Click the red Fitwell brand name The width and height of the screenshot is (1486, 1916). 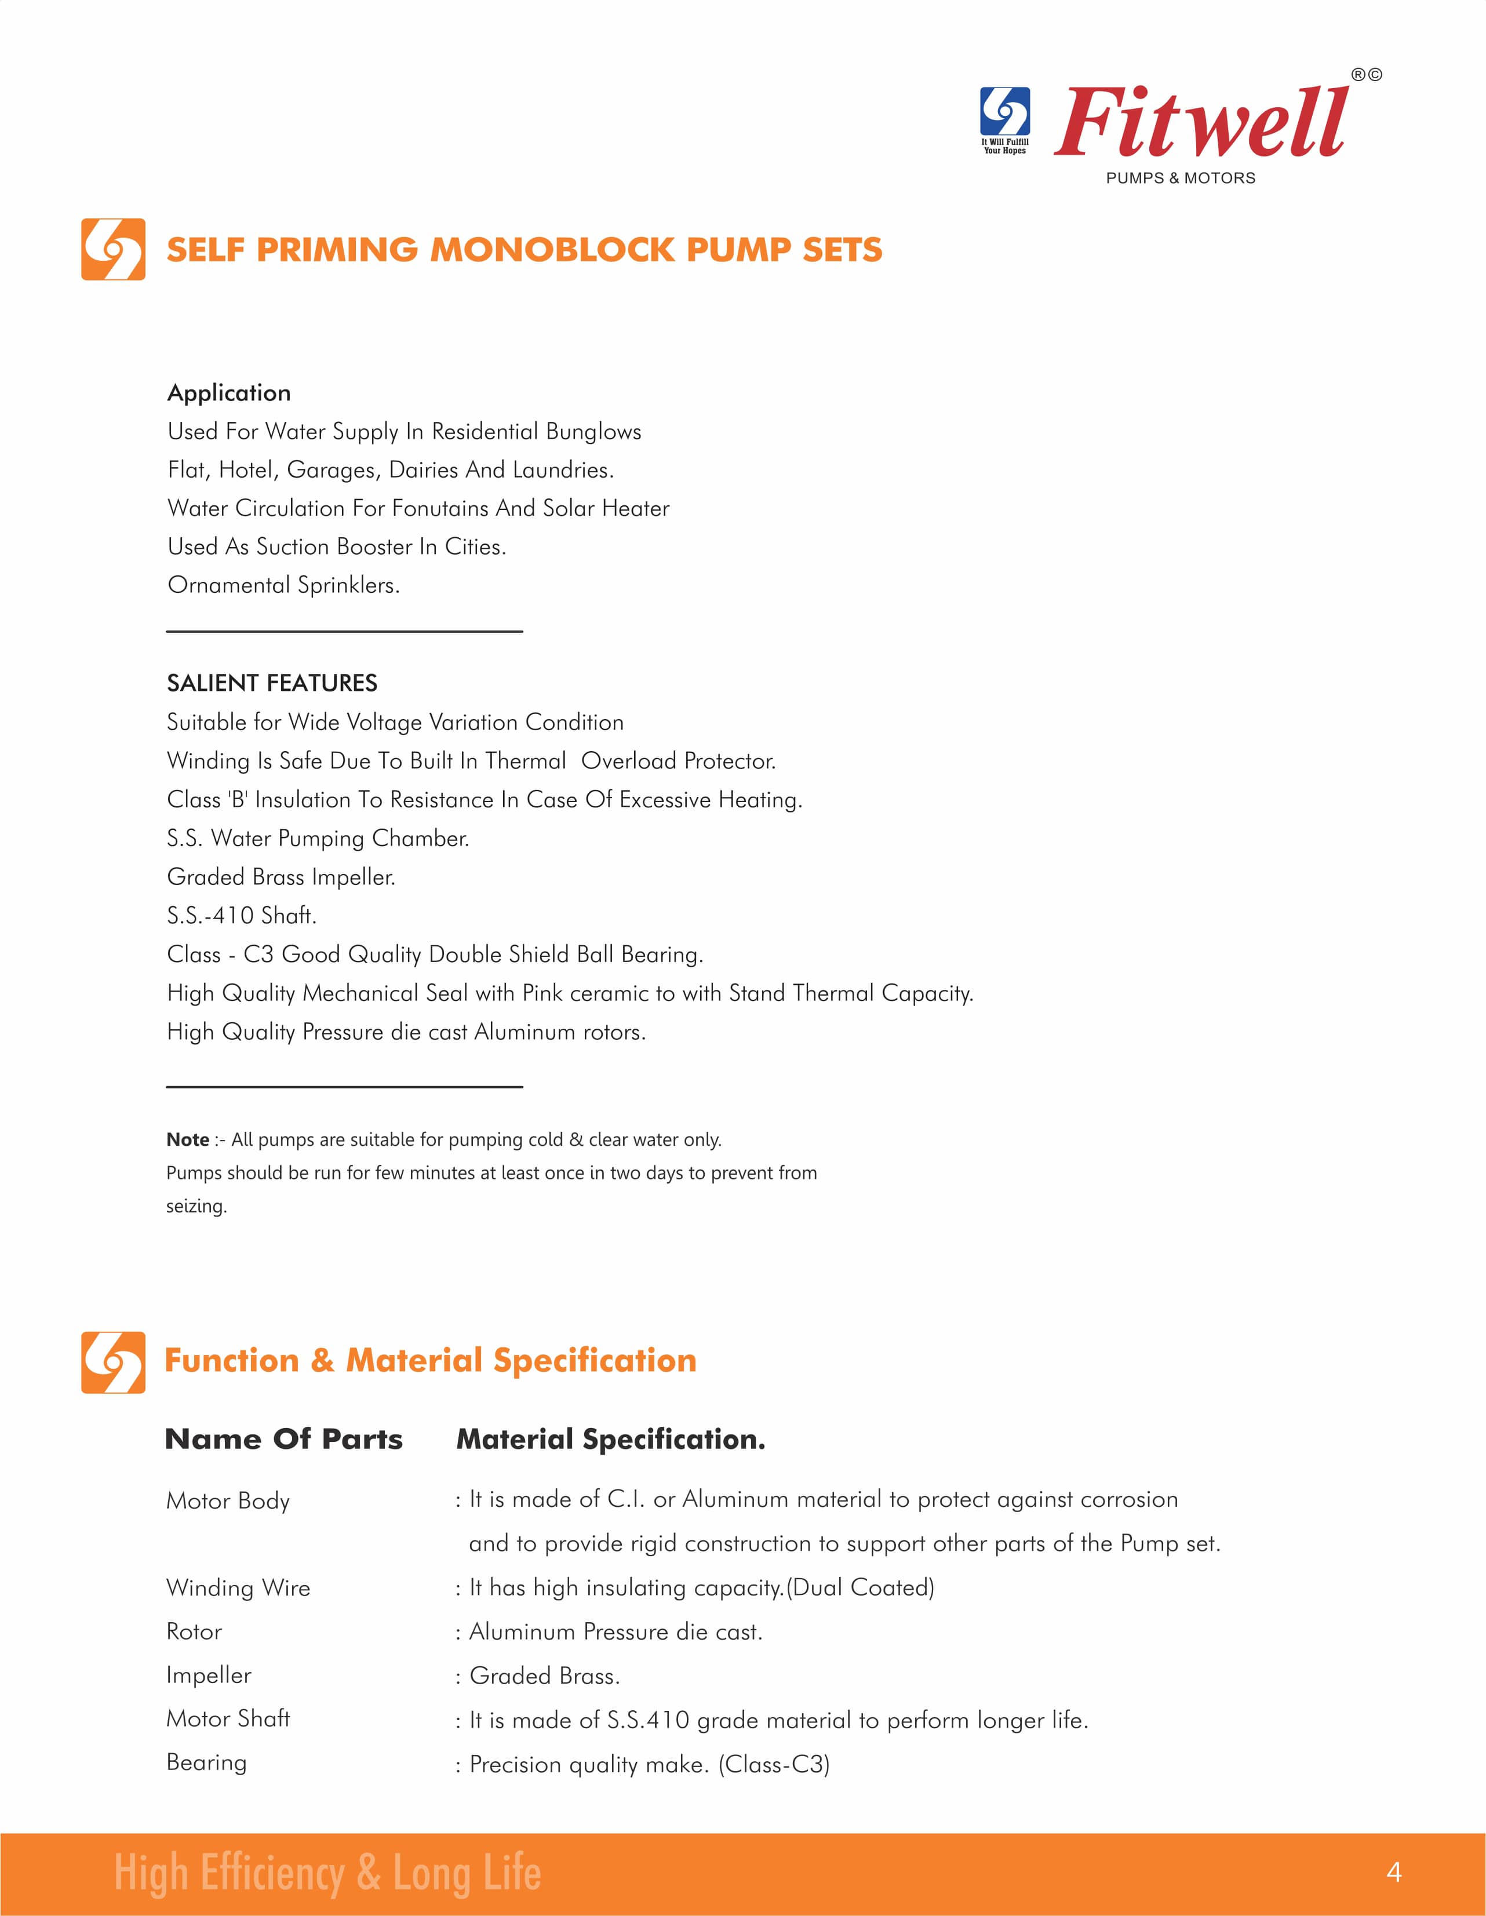coord(1200,123)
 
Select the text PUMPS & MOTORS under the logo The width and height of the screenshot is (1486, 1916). coord(1180,178)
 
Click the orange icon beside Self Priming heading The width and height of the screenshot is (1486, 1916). coord(113,249)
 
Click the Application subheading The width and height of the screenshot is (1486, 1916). coord(229,393)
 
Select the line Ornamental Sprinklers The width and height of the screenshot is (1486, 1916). coord(283,585)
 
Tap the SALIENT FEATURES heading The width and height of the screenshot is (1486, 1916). coord(272,683)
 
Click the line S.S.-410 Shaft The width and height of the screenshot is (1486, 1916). coord(241,916)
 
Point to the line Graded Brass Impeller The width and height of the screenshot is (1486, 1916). coord(281,877)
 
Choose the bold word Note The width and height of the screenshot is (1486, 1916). coord(188,1139)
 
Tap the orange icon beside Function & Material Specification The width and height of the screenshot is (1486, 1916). coord(113,1361)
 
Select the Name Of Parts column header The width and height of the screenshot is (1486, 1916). coord(284,1440)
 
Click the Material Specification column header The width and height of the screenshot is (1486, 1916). coord(610,1440)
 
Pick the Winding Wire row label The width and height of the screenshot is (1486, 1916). coord(238,1588)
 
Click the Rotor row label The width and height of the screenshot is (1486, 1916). coord(194,1632)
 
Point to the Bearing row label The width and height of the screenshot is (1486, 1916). coord(206,1764)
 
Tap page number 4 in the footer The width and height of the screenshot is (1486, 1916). coord(1394,1873)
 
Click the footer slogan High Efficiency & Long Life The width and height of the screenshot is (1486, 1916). coord(327,1874)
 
